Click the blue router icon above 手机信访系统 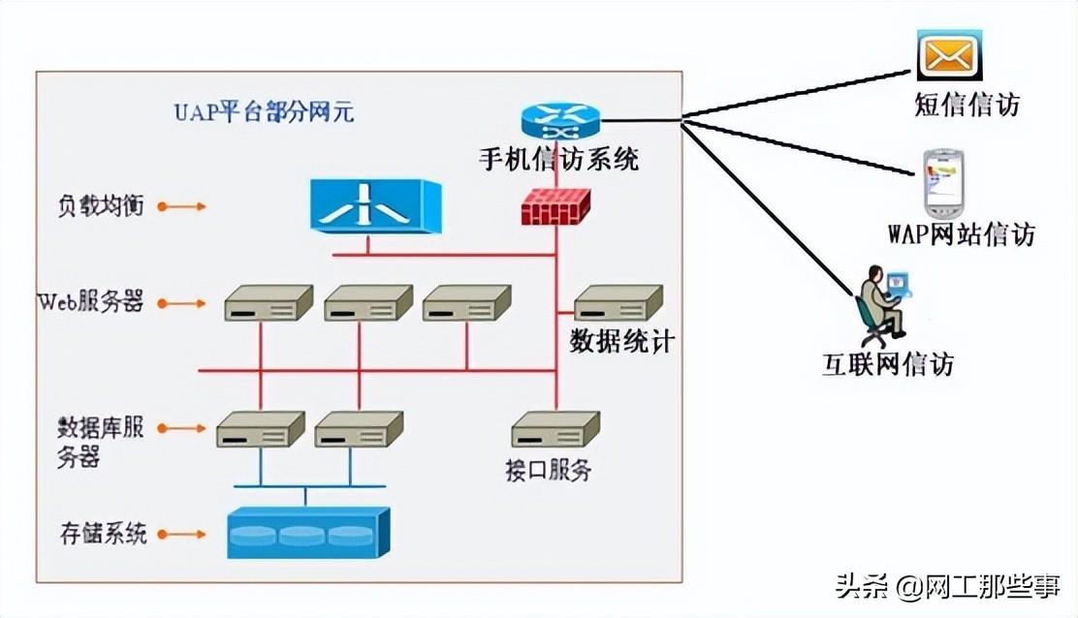pos(560,121)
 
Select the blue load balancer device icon pos(375,206)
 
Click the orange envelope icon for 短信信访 pos(949,55)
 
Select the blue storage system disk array pos(307,533)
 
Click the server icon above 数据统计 pos(618,303)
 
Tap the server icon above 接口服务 pos(555,429)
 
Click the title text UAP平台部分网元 pos(264,112)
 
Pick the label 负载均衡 pos(101,206)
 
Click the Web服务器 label pos(90,302)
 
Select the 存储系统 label pos(102,533)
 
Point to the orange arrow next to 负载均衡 pos(181,206)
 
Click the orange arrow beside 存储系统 pos(181,533)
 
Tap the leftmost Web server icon pos(269,303)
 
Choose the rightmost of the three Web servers pos(466,303)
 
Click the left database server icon pos(260,429)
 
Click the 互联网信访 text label pos(888,364)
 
